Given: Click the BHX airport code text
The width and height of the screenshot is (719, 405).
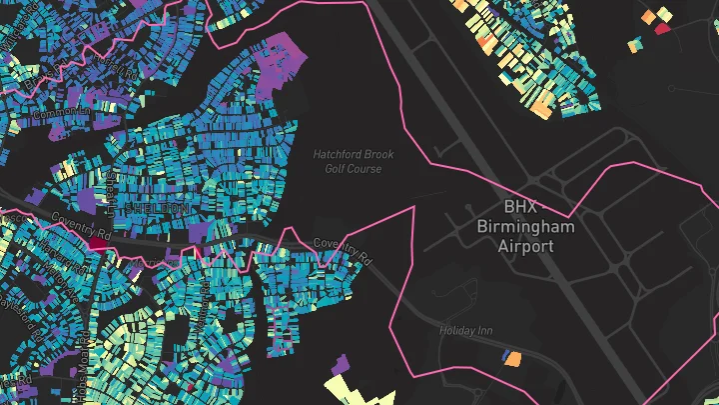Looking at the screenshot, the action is coord(520,206).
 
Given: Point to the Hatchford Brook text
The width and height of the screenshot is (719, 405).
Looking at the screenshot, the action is coord(354,155).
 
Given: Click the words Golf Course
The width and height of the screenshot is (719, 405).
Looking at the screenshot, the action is coord(353,169).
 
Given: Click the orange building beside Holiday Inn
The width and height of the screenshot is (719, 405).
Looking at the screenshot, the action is coord(515,359).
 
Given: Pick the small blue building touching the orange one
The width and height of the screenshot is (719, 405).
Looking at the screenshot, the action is coord(506,355).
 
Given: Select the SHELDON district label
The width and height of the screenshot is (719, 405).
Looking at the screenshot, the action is coord(159,207).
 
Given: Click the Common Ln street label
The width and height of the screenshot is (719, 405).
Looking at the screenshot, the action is coord(56,116).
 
